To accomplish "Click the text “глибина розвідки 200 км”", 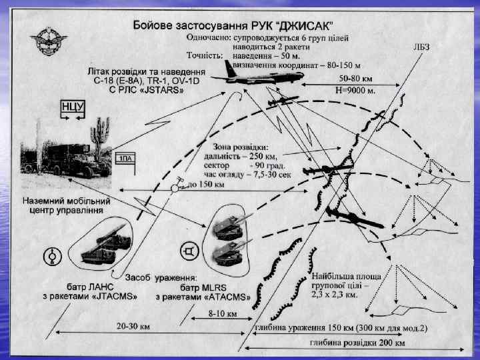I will click(357, 343).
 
